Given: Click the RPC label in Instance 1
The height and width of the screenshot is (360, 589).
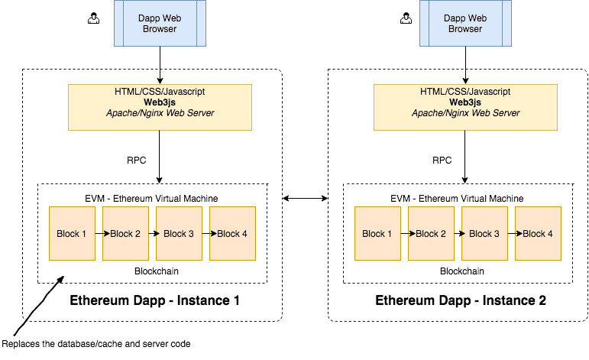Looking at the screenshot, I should [x=136, y=161].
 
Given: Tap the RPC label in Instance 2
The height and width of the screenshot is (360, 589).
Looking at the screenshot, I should [x=442, y=161].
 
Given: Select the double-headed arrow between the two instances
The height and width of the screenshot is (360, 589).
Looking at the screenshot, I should [x=305, y=199].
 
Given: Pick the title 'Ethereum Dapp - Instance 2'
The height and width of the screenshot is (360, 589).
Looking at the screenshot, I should [x=461, y=301].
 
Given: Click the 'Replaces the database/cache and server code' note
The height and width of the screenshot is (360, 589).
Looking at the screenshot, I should [x=96, y=344].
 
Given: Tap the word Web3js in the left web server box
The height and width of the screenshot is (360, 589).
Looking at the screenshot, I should [x=160, y=102].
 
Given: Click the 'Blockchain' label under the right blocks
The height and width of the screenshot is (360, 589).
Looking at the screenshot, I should [x=461, y=271].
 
